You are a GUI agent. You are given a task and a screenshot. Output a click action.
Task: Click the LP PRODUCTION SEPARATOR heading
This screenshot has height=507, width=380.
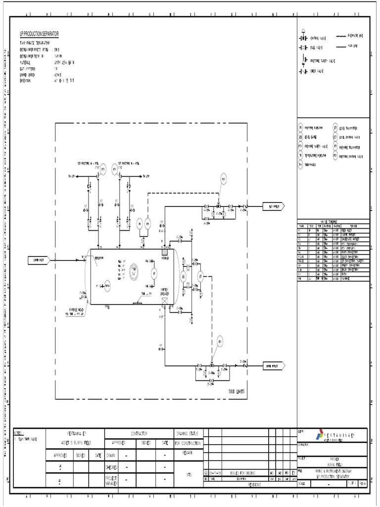39,34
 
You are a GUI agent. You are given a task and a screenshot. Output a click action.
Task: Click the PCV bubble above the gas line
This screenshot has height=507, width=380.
223,179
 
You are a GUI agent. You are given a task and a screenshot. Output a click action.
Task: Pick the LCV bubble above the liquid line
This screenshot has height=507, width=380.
220,341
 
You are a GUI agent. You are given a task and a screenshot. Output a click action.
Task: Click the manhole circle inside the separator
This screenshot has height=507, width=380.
134,270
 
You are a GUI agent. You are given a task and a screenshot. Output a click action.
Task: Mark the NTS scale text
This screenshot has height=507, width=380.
189,474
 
